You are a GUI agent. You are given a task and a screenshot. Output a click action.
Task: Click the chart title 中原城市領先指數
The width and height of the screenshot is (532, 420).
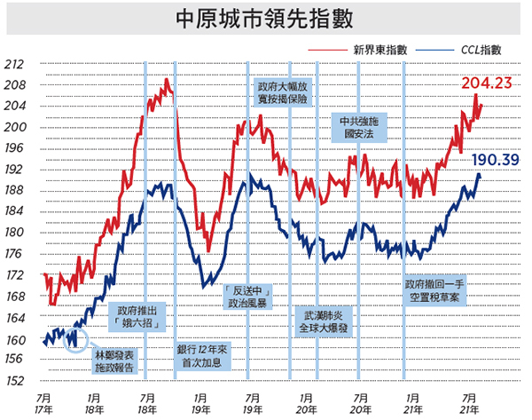point(264,19)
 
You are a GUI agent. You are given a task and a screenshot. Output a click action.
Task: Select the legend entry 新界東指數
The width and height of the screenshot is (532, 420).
point(358,50)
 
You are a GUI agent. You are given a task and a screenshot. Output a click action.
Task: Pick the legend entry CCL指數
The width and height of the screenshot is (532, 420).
point(458,50)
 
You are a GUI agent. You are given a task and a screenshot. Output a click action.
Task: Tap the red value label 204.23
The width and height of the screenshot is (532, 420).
point(487,83)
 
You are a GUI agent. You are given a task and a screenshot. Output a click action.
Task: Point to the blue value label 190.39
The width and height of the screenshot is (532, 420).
point(496,160)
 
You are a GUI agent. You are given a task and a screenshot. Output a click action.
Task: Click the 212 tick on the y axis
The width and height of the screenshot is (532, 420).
point(14,64)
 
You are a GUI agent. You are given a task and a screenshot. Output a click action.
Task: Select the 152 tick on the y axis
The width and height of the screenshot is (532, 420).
point(15,381)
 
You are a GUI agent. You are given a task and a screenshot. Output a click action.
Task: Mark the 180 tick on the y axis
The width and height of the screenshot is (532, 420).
point(14,232)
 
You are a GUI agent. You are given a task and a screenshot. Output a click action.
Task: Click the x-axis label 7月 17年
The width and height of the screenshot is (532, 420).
point(43,404)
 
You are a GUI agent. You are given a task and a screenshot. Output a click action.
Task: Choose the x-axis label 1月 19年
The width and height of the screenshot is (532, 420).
point(200,404)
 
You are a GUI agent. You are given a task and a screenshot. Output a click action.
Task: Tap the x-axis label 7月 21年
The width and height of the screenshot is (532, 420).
point(469,404)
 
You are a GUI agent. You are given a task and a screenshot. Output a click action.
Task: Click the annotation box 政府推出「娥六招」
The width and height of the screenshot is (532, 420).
point(137,317)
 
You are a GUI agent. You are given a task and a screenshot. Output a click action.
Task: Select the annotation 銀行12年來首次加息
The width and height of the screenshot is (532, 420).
point(202,356)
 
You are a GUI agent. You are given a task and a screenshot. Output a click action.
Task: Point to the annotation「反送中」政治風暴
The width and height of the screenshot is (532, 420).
point(247,297)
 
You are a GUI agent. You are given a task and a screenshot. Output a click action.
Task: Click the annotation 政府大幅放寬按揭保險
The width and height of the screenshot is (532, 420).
point(283,92)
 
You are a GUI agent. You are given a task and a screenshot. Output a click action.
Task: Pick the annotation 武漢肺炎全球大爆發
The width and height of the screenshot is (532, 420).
point(324,321)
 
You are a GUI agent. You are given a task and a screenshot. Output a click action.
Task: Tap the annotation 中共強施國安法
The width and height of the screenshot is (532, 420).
point(359,128)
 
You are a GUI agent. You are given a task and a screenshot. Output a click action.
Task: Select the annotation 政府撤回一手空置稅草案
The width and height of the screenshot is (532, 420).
point(434,291)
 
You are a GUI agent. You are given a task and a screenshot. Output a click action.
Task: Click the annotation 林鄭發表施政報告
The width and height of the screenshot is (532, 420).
point(114,361)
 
